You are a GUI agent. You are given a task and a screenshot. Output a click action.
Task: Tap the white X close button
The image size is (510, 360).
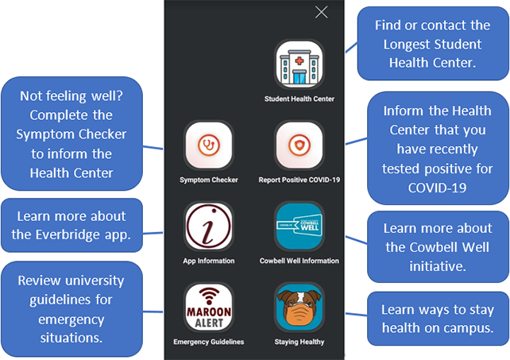coord(322,13)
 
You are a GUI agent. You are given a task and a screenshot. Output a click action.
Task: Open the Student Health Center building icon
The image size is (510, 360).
coord(299,64)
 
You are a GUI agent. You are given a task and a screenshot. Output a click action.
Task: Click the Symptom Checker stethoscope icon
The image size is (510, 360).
coord(209,145)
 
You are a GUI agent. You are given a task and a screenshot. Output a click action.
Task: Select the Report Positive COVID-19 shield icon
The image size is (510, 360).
coord(299,145)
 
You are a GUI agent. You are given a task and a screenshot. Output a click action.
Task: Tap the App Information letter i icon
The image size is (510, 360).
coord(209,226)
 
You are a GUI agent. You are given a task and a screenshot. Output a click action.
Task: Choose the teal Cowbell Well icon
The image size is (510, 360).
coord(299,226)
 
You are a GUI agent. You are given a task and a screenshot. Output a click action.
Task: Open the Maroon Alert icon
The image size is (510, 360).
coord(209,308)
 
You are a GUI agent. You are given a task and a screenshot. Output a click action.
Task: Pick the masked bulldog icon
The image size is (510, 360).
coord(299,308)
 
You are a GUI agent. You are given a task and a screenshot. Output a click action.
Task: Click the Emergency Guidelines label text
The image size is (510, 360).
coord(209,342)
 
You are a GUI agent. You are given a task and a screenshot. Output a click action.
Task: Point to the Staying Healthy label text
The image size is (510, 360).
coord(299,342)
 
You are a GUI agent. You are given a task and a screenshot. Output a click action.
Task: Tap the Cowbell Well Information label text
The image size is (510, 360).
coord(299,261)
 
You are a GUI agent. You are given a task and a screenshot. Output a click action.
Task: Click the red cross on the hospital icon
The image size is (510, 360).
coord(299,61)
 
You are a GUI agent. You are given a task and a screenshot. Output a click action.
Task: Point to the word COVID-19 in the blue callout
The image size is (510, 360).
coord(437,188)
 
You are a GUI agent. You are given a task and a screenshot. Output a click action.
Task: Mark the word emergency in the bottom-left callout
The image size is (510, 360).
coord(71,319)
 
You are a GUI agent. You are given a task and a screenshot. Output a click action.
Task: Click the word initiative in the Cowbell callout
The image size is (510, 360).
coord(438,266)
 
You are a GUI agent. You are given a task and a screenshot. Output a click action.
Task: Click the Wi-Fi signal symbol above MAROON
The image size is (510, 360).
coord(209,296)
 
